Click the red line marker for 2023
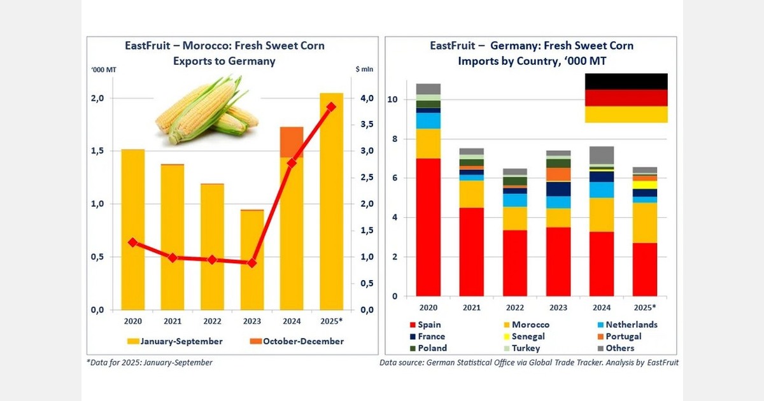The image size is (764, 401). [x=252, y=262]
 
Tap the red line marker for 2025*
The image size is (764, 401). [x=330, y=107]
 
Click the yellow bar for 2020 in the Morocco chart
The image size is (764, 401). [x=133, y=229]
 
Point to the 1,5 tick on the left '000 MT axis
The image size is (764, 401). [x=97, y=151]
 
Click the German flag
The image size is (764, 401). [x=626, y=98]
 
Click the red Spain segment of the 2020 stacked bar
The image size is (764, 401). [x=428, y=227]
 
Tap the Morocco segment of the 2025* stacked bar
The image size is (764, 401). [x=644, y=223]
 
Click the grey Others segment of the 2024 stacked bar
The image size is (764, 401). [x=602, y=155]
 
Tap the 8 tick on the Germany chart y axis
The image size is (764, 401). [x=394, y=139]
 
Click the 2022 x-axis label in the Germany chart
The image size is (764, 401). [x=514, y=307]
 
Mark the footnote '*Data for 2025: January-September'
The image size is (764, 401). [x=150, y=362]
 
